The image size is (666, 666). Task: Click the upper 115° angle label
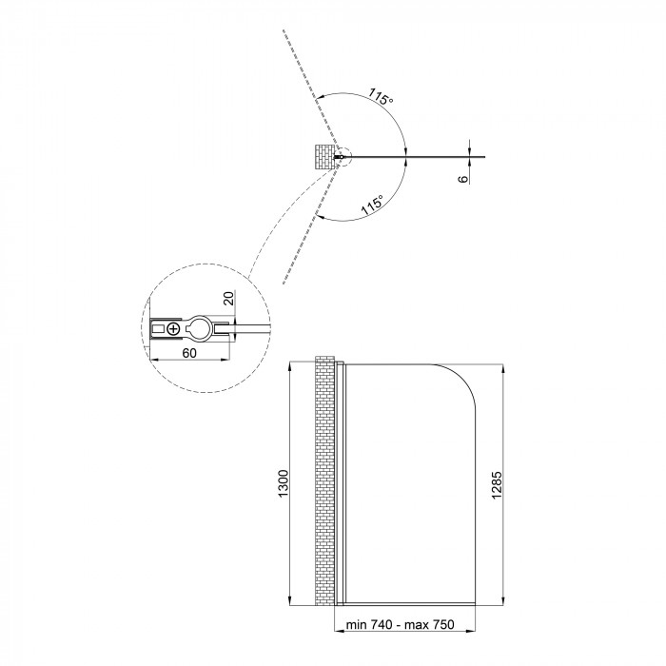(x=381, y=96)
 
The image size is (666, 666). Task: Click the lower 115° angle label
(x=372, y=205)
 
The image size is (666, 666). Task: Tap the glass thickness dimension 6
(x=463, y=179)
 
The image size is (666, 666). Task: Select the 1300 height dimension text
(x=284, y=483)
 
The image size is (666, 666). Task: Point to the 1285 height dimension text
(x=497, y=485)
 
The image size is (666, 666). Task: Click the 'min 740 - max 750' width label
(x=401, y=624)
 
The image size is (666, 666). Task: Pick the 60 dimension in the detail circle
(x=189, y=353)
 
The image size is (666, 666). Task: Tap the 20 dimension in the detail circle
(x=228, y=298)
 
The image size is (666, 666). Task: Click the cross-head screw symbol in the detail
(x=173, y=328)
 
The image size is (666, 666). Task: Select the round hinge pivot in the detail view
(x=198, y=328)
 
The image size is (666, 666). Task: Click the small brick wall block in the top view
(x=324, y=157)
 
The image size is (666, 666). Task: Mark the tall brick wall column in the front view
(x=325, y=480)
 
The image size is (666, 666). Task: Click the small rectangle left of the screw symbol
(x=158, y=328)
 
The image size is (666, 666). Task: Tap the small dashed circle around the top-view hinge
(x=343, y=157)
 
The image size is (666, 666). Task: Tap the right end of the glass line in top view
(x=484, y=157)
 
